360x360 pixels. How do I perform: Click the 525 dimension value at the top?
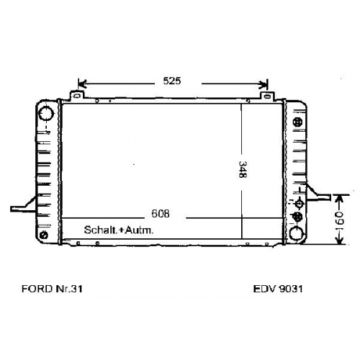pos(172,81)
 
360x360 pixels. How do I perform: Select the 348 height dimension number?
pos(243,169)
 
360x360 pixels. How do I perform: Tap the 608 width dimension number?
pos(161,213)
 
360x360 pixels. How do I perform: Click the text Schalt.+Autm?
pos(119,230)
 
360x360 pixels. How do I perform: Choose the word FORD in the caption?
pos(37,289)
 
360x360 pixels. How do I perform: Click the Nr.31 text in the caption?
pos(69,289)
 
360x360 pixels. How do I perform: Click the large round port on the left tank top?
pos(46,113)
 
